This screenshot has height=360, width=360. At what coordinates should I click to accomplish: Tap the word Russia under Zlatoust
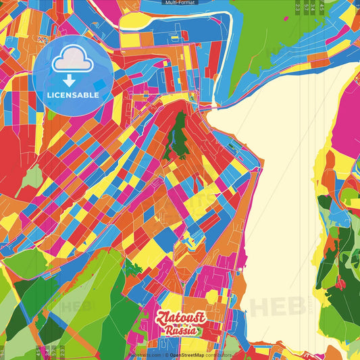[x=181, y=330]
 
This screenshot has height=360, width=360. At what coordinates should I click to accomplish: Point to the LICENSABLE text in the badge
[x=72, y=95]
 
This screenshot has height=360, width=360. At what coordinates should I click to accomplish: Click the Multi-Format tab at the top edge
[x=180, y=3]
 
